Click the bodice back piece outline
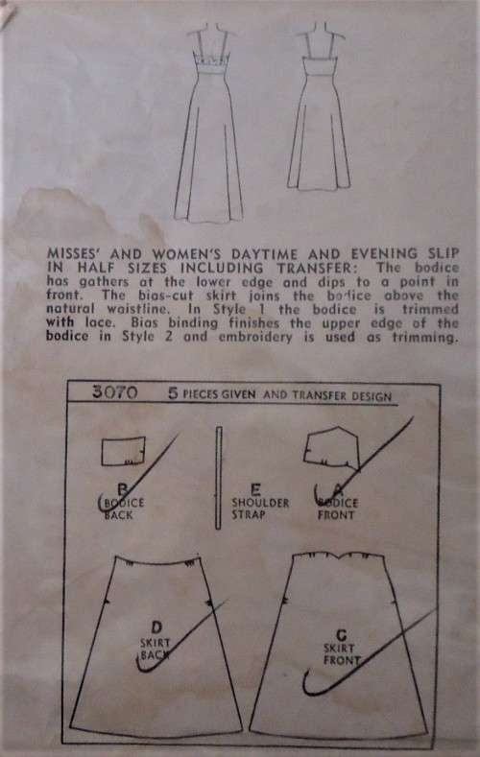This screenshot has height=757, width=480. tap(122, 449)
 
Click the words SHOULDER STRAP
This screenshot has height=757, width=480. tap(220, 508)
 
